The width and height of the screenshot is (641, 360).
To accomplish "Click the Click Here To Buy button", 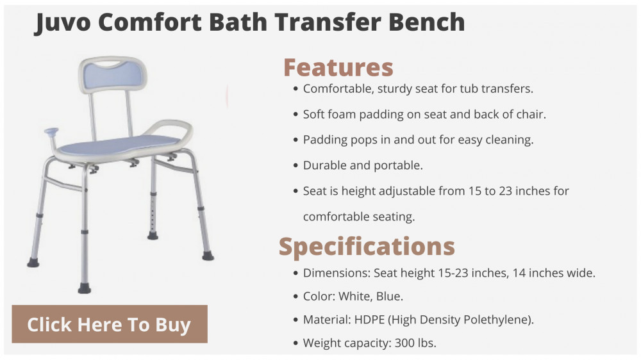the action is (110, 324).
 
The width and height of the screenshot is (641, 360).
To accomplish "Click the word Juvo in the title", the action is (63, 22).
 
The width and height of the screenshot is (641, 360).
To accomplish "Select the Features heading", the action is (338, 67).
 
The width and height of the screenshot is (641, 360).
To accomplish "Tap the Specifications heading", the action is (367, 247).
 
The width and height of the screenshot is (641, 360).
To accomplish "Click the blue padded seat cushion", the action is (119, 145).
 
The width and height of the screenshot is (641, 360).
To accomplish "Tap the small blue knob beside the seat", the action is (51, 132).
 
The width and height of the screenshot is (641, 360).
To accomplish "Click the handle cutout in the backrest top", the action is (109, 64).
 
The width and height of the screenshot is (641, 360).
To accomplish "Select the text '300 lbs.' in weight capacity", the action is (415, 343).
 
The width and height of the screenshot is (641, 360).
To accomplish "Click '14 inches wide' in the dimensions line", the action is (554, 273).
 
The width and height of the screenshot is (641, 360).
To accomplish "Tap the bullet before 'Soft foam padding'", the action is (296, 115).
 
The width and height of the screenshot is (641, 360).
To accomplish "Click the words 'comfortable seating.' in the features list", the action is (359, 217).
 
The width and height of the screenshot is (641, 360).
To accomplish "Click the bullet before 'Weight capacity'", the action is (296, 343).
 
